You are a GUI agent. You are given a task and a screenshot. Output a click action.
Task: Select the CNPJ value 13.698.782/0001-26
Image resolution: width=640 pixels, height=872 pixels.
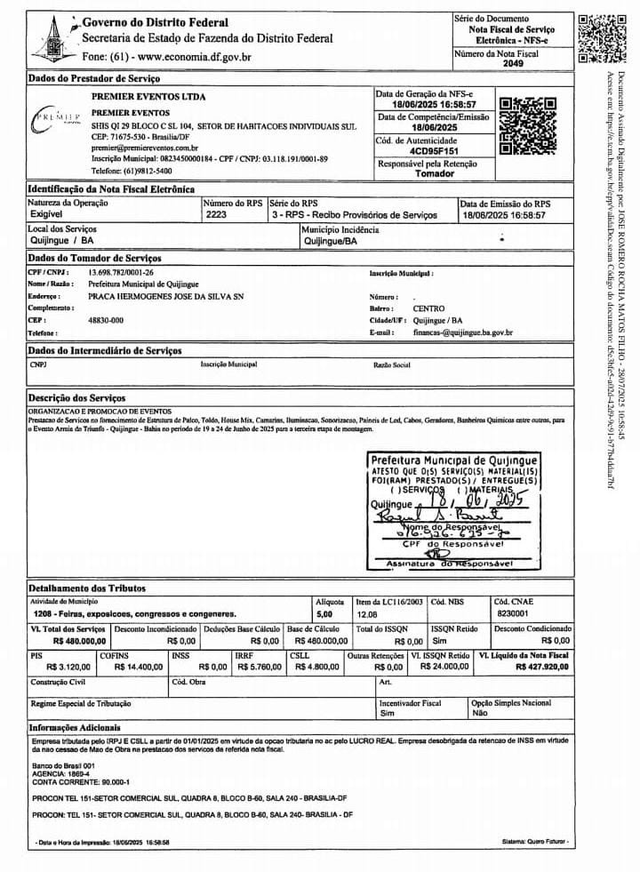point(121,272)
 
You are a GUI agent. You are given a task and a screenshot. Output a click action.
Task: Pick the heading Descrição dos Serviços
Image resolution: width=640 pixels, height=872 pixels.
point(76,397)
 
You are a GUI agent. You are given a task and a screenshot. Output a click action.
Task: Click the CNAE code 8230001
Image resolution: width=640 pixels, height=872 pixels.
point(512,613)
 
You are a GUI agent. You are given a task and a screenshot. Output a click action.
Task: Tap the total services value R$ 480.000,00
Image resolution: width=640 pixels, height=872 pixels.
point(80,640)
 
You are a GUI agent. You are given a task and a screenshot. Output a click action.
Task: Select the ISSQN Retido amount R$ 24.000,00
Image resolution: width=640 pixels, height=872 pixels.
point(444,666)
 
